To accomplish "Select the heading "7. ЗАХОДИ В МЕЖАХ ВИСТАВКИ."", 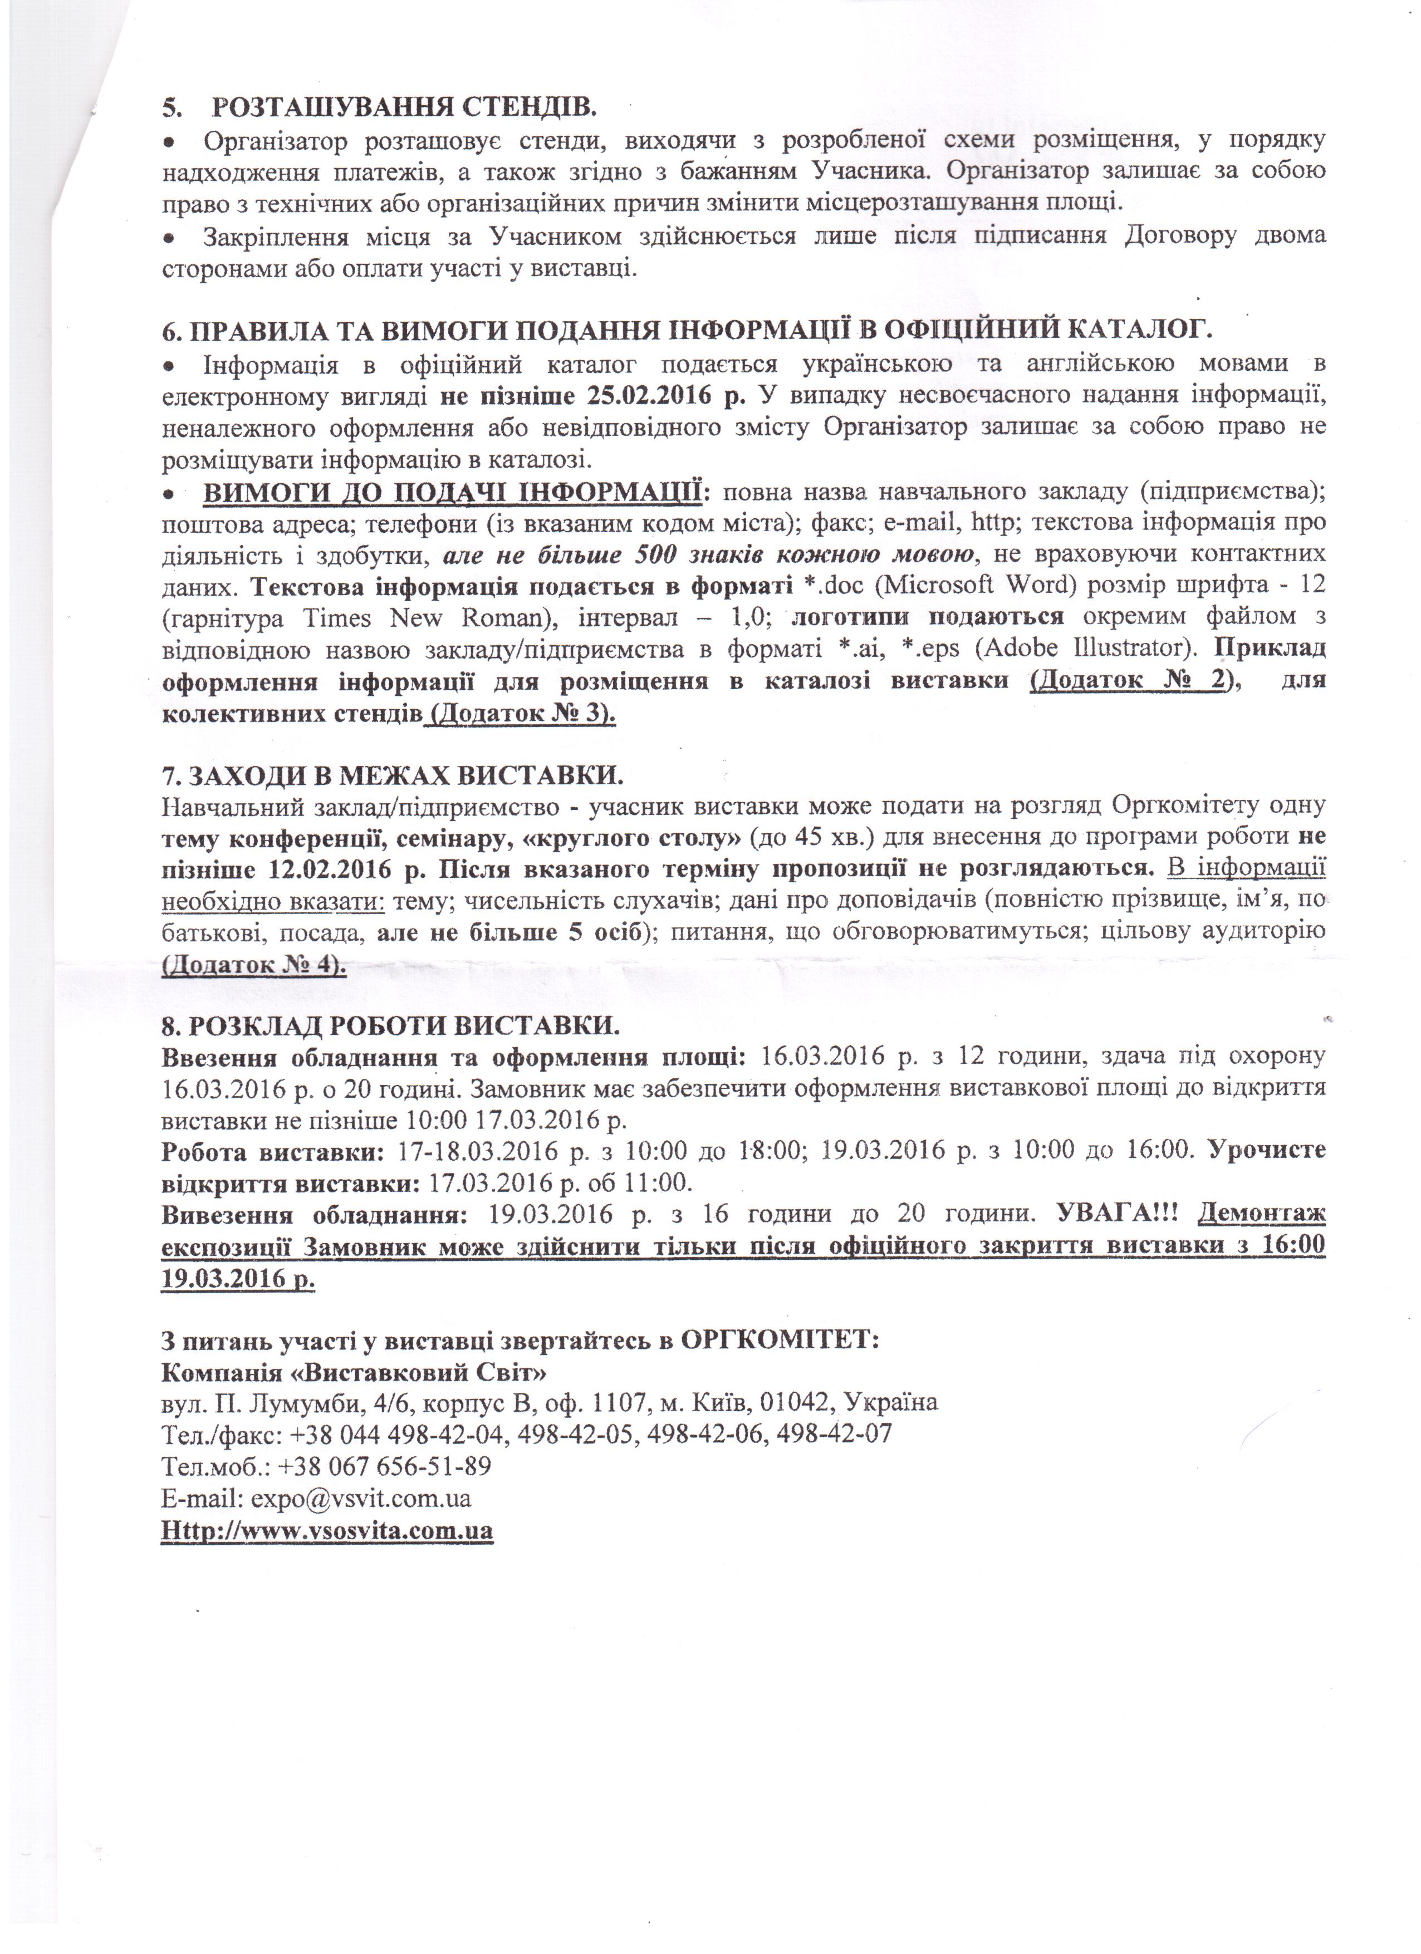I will coord(392,775).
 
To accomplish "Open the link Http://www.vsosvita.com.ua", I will coord(327,1531).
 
